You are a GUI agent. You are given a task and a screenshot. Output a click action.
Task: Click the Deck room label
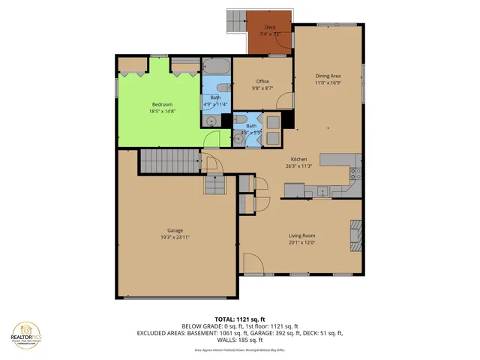click(269, 28)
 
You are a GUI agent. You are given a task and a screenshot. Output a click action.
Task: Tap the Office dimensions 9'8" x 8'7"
click(262, 88)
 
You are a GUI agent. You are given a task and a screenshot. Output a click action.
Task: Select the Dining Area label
click(327, 75)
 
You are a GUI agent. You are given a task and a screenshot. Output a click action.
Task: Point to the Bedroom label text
click(162, 104)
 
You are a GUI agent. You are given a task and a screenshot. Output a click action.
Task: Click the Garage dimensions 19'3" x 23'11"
click(175, 237)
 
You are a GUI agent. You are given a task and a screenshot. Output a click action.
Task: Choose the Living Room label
click(301, 235)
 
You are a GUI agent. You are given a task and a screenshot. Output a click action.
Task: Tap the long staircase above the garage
click(170, 160)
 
